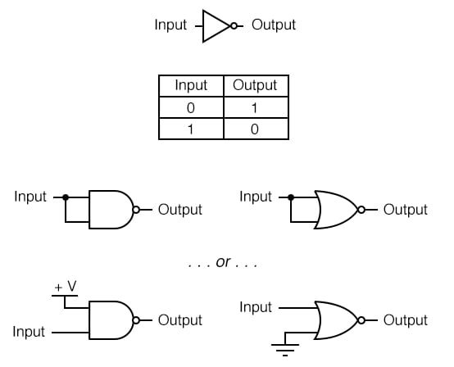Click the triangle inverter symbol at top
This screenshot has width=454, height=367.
point(216,25)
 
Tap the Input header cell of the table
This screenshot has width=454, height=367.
point(191,85)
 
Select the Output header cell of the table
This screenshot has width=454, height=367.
point(256,85)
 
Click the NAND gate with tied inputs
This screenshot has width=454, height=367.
point(111,210)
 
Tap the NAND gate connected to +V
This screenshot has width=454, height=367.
point(111,320)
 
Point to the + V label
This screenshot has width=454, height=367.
point(66,287)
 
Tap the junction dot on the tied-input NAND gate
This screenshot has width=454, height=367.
point(66,197)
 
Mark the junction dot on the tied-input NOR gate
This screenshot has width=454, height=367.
point(290,197)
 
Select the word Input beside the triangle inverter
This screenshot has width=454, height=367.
point(170,25)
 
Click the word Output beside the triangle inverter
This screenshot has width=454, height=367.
point(274,25)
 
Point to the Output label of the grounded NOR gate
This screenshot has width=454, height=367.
point(406,320)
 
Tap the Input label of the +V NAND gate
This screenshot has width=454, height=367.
point(30,333)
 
